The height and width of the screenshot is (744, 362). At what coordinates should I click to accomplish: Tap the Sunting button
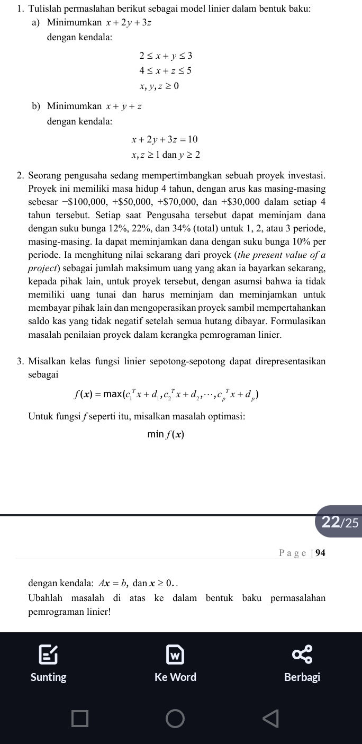coord(49,666)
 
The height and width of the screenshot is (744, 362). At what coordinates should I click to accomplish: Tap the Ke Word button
coord(175,666)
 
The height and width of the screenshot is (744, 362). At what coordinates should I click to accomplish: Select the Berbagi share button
coord(302,666)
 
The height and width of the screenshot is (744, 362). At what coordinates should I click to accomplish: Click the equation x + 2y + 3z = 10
coord(165,139)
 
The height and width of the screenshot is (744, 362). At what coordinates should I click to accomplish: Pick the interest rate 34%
coord(219,229)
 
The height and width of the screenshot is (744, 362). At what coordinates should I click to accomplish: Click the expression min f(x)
coord(166,435)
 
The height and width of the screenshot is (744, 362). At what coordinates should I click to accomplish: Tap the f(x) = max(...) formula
coord(166,395)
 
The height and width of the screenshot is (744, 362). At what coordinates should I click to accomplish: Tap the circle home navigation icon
coord(175,719)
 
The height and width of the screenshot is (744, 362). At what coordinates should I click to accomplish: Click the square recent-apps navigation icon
coord(80,719)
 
